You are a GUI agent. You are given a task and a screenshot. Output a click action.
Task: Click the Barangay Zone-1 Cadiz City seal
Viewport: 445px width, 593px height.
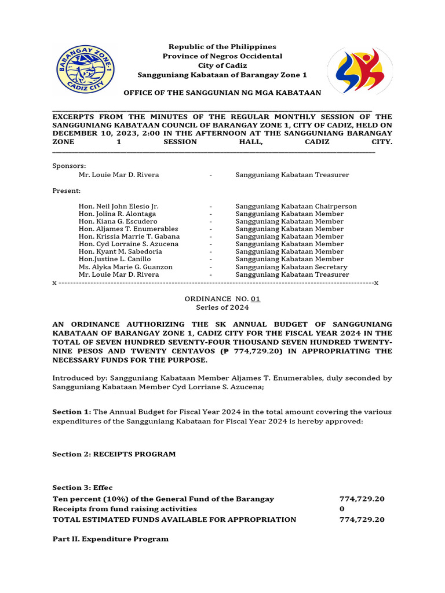pos(85,71)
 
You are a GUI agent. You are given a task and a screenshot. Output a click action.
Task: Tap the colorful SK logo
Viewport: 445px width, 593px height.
pos(360,71)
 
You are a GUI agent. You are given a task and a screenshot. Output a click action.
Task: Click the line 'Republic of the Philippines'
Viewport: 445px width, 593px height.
pos(222,46)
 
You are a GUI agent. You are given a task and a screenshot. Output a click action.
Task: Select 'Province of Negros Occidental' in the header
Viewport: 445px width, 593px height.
pos(222,56)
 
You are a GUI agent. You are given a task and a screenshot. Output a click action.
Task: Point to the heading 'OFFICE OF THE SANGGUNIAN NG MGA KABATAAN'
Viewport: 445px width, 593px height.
pos(222,93)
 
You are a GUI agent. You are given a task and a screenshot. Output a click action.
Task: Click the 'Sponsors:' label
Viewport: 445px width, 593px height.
pos(69,166)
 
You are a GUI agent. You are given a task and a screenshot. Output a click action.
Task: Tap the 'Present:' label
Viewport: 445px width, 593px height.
pos(67,191)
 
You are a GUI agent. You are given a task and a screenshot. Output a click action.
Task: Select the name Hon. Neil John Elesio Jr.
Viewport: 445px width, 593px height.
pos(118,206)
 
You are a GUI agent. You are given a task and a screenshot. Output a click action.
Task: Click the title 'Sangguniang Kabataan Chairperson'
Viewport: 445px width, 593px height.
pos(296,206)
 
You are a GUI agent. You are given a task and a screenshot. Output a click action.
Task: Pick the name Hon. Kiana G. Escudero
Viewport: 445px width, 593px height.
pos(118,221)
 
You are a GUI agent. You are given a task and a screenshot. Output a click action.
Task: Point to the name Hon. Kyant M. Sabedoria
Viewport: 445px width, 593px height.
pos(120,252)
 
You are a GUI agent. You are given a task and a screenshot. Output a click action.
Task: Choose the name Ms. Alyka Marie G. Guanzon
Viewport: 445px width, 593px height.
pos(126,267)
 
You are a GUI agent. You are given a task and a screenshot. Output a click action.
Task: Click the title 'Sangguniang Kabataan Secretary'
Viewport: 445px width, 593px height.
pos(291,267)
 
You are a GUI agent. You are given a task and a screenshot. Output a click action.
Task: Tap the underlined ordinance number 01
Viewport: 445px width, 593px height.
pos(256,299)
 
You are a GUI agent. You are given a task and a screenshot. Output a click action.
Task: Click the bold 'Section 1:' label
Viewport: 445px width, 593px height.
pos(71,412)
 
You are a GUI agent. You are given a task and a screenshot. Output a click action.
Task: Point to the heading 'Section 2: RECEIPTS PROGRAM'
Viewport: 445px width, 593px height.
pos(114,454)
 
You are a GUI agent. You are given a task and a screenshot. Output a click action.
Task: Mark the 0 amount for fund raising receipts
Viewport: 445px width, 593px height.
pos(342,509)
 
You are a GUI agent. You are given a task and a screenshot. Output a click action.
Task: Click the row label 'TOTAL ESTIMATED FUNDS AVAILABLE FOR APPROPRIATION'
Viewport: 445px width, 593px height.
pos(174,519)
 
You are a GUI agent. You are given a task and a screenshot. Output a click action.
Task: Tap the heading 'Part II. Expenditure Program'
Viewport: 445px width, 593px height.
pos(110,539)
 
